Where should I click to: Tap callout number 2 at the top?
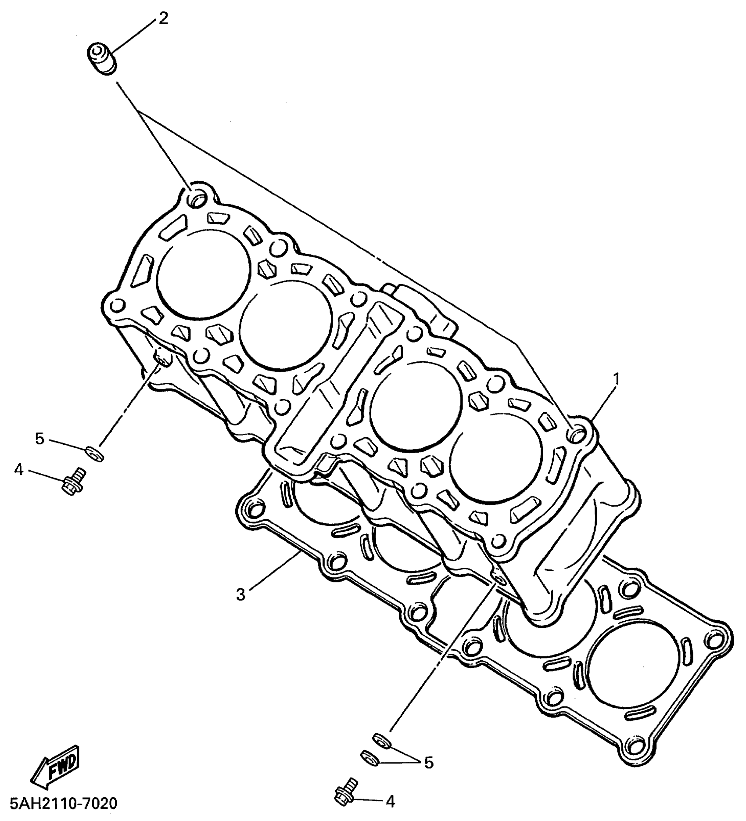click(163, 19)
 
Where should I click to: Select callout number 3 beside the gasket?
click(240, 594)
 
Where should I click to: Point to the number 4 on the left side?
click(18, 470)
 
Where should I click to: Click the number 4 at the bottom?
click(390, 802)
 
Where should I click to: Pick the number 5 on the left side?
click(40, 438)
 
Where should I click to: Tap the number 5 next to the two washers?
click(428, 763)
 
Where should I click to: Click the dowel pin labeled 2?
click(101, 59)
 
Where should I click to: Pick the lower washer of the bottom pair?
click(369, 757)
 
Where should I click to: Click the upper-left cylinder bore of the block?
click(203, 273)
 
